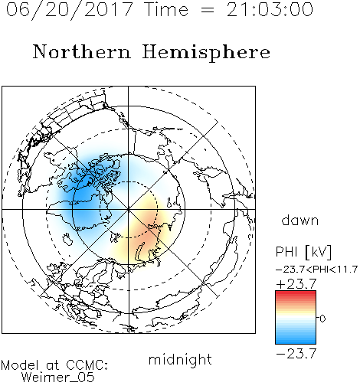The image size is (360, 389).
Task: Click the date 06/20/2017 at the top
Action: (70, 10)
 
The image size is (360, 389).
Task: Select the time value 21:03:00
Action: (270, 9)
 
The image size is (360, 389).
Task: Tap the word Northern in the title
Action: (82, 51)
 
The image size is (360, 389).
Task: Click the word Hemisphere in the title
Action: (206, 53)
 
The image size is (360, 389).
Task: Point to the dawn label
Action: (300, 220)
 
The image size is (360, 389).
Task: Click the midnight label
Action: (180, 359)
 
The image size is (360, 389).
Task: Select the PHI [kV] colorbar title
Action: (303, 252)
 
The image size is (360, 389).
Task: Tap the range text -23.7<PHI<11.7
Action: (316, 270)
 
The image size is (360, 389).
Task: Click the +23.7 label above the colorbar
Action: (296, 284)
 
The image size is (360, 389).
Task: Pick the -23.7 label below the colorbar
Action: (296, 354)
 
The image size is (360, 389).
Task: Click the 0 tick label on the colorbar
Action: (322, 319)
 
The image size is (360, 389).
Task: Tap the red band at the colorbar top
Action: (296, 293)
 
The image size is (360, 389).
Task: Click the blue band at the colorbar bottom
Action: (296, 341)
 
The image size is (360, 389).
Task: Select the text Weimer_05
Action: (58, 377)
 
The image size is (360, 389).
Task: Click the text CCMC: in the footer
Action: (87, 365)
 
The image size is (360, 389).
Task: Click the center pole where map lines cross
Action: (129, 209)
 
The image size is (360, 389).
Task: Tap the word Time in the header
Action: (166, 9)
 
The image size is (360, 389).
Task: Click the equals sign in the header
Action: (208, 10)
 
